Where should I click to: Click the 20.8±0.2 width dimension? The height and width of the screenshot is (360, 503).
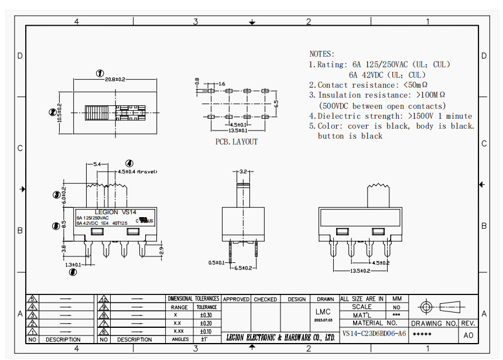pos(115,80)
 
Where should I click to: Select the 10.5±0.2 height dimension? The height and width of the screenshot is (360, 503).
pos(59,111)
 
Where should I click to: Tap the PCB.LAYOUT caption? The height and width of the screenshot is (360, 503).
pos(236,142)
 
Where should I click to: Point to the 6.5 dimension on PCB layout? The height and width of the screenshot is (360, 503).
pos(276,104)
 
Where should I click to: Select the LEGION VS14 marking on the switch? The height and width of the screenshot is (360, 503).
pos(115,212)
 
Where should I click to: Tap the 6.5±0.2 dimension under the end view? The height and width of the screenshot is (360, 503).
pos(243,268)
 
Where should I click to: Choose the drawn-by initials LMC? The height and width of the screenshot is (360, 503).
pos(323,311)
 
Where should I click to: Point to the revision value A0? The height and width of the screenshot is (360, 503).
pos(468,335)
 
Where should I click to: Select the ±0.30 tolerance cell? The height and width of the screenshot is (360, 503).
pos(206,315)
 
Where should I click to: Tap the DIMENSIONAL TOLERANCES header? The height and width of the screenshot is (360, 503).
pos(193,299)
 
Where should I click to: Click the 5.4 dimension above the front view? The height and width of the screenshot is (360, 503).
pos(97,164)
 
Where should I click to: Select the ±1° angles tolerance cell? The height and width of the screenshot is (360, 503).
pos(205,339)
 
